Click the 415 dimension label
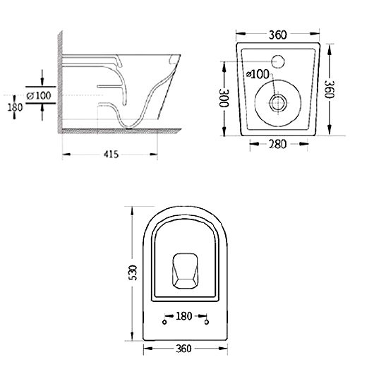pyautogui.click(x=111, y=155)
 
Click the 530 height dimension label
pyautogui.click(x=133, y=272)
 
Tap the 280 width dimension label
pyautogui.click(x=277, y=144)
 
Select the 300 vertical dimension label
pyautogui.click(x=224, y=98)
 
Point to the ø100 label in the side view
pyautogui.click(x=39, y=96)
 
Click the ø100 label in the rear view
pyautogui.click(x=258, y=74)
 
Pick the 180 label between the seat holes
pyautogui.click(x=184, y=316)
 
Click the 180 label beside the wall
pyautogui.click(x=15, y=107)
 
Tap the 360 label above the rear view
pyautogui.click(x=277, y=35)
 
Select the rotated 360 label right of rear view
pyautogui.click(x=330, y=89)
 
